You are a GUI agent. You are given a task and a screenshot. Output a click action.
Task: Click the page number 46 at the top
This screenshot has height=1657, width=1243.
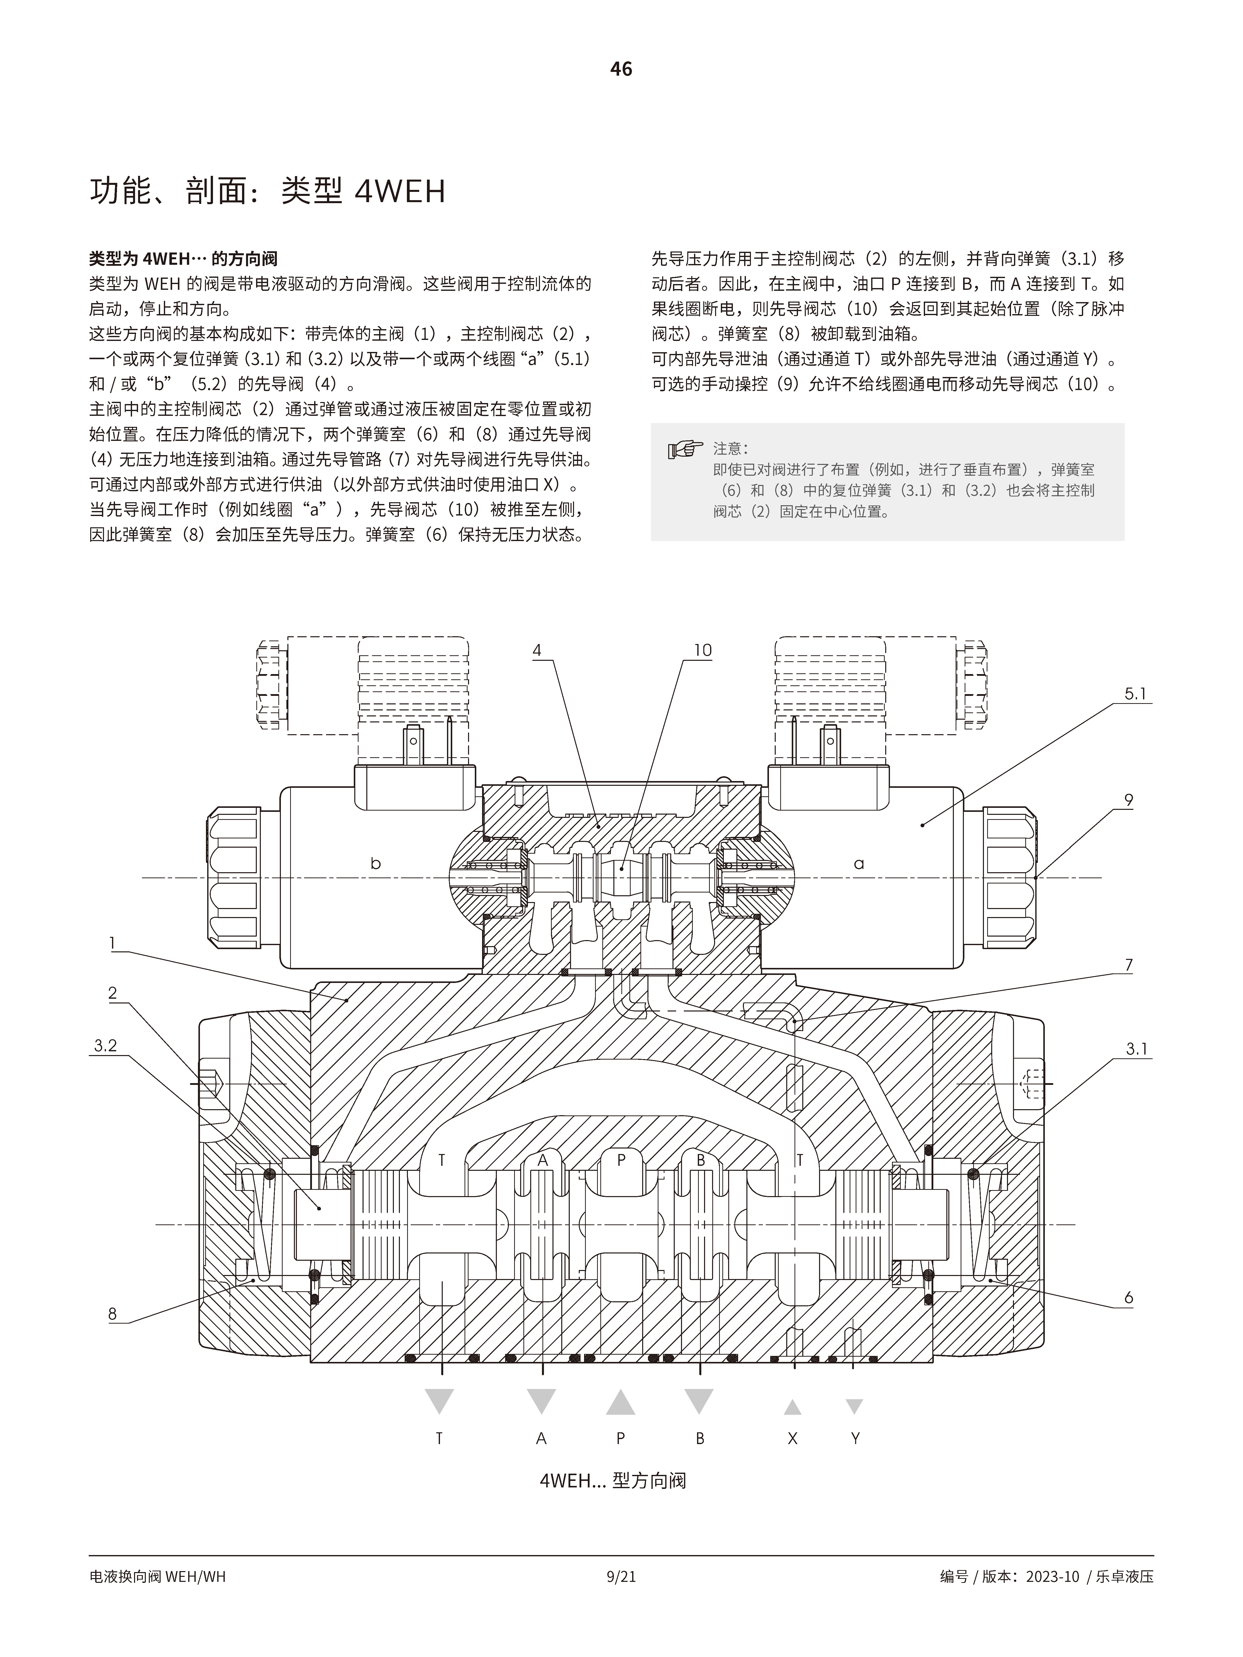[621, 69]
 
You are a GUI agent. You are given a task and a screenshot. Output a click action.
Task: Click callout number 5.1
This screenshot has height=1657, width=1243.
[1135, 694]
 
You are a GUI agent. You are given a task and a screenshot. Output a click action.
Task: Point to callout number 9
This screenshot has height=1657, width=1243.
[1128, 800]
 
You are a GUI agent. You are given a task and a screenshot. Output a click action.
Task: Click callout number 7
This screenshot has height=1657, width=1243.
[1128, 965]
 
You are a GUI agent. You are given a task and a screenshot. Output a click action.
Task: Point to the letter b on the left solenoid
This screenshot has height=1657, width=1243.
[375, 864]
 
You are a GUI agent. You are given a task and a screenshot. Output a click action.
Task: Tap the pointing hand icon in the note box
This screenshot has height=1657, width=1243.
[685, 449]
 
